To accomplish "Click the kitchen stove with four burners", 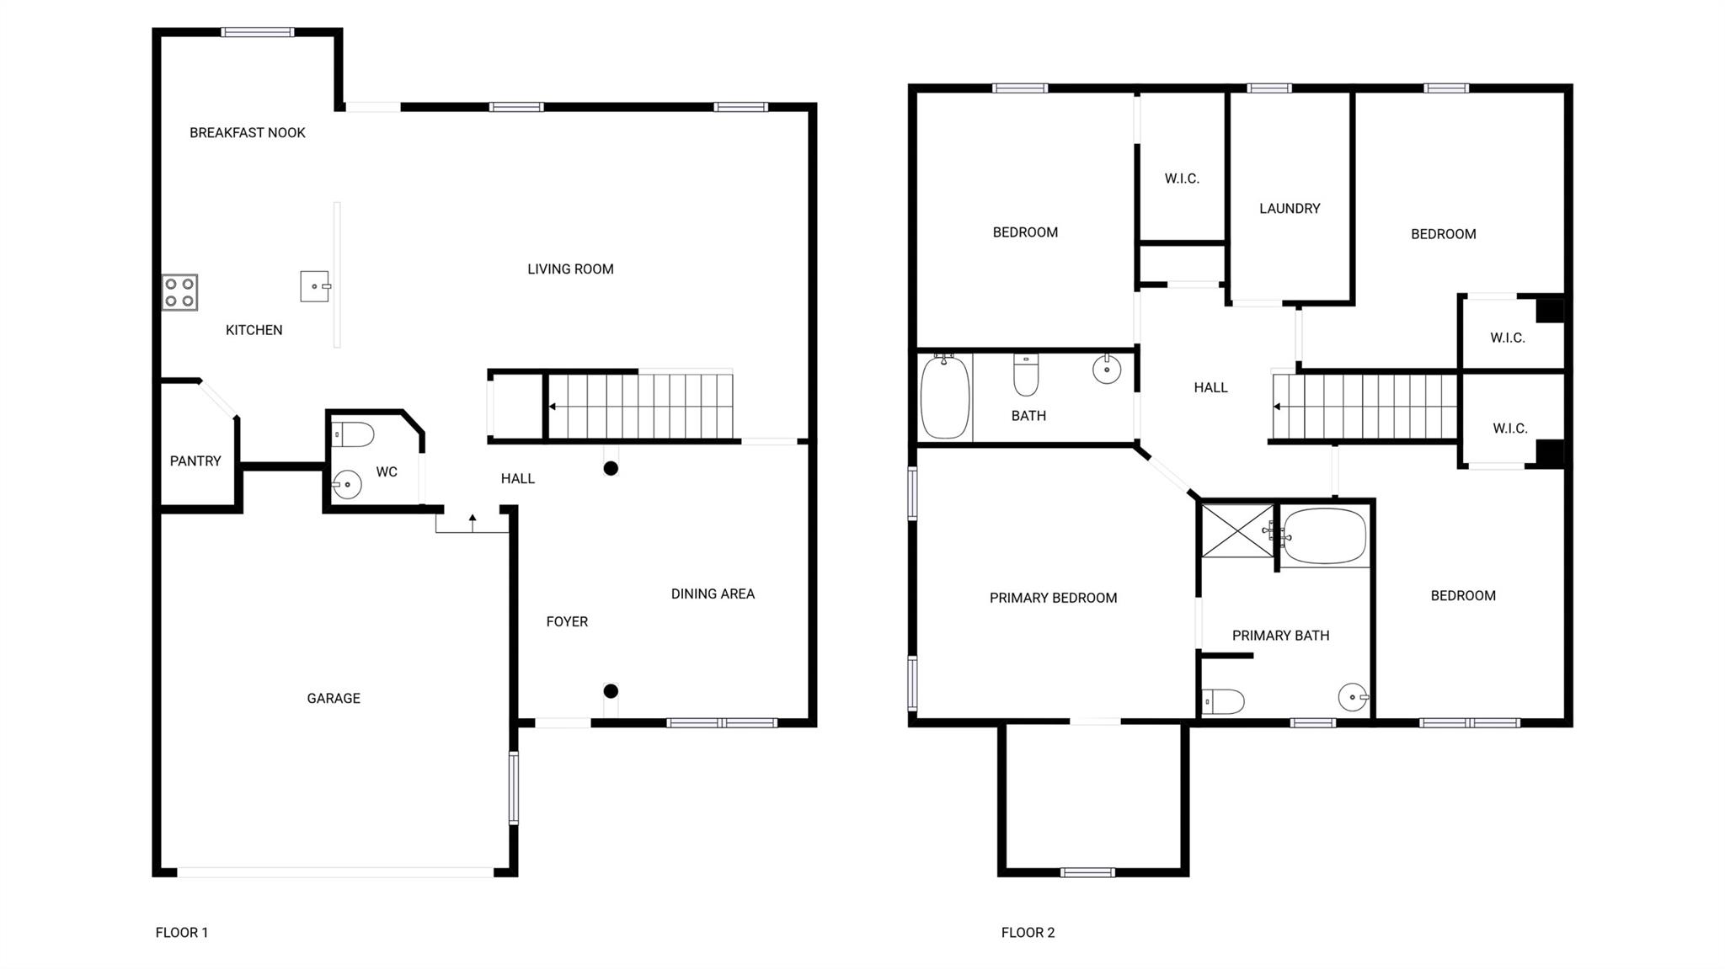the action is pos(179,292).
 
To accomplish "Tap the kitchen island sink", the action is pos(315,286).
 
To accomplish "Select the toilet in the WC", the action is pos(353,435).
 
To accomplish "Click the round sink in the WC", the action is pos(346,485).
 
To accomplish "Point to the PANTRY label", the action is pos(195,461).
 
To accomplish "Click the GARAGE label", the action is pos(334,698).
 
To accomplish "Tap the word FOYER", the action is pos(567,621).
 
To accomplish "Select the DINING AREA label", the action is pos(713,594).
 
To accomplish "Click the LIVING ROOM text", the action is pos(570,269).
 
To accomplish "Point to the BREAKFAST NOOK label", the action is pos(247,132).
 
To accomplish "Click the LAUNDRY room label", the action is pos(1290,208).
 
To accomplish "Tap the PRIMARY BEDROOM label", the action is pos(1053,598).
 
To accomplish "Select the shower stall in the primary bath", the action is pos(1237,531).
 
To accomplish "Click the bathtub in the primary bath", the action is pos(1325,535).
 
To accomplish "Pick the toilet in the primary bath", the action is pos(1223,701).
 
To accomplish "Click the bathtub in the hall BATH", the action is pos(945,397).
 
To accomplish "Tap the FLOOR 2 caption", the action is pos(1028,932).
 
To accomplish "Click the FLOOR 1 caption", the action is pos(181,932).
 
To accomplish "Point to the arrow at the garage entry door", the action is pos(473,522).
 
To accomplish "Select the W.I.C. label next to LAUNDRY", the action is pos(1182,178).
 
